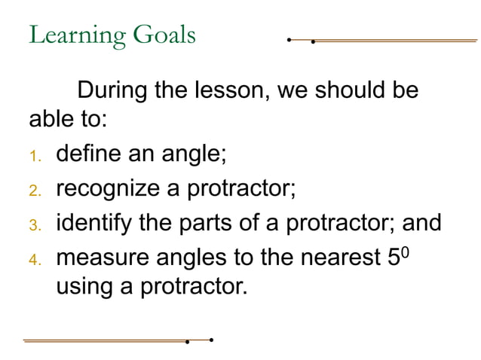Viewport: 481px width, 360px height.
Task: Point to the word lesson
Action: click(230, 92)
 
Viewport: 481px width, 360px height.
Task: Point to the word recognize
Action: click(109, 189)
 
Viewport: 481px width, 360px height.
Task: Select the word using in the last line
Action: click(87, 287)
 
